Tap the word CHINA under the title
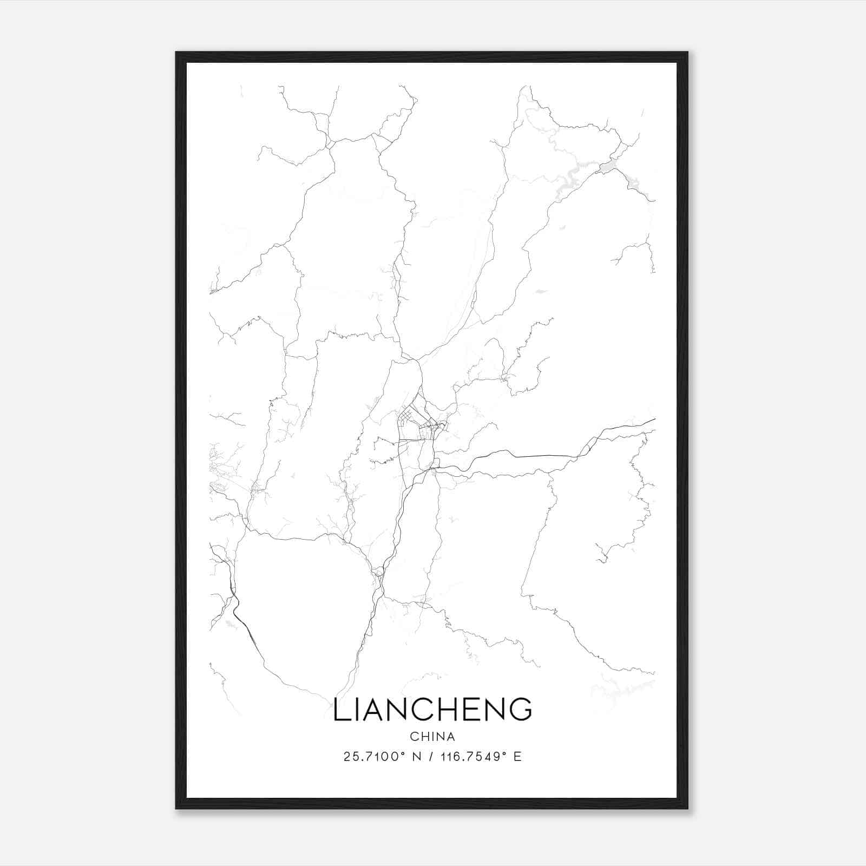(x=432, y=737)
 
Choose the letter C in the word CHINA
(x=414, y=737)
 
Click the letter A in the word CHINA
(x=451, y=737)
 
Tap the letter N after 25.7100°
(x=417, y=757)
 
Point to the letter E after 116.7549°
(x=518, y=757)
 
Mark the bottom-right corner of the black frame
(x=687, y=808)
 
